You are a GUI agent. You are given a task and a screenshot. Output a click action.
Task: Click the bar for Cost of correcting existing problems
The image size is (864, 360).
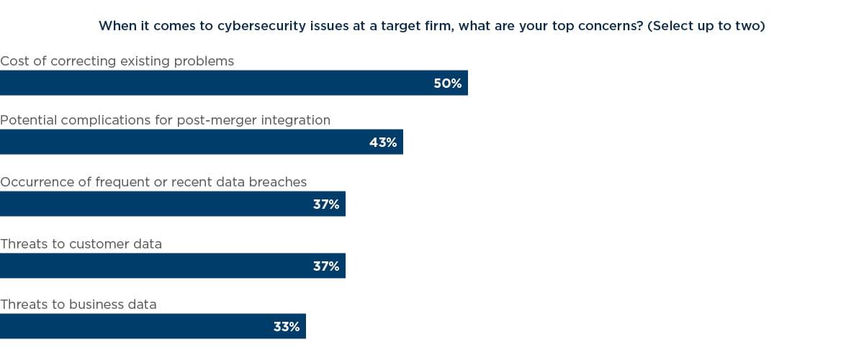216,83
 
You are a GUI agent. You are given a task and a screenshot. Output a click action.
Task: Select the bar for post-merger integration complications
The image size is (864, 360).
187,142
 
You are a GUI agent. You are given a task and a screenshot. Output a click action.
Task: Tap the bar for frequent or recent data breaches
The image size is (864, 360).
158,204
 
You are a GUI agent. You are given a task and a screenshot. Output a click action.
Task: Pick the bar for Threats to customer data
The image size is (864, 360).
158,266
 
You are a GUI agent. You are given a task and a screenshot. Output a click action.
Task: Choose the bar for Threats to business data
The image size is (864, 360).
137,326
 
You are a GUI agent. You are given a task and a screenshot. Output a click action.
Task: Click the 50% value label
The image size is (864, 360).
447,83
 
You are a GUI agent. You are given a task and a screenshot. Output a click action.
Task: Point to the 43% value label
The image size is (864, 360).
383,142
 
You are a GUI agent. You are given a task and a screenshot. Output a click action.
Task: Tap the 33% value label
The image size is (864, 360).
287,326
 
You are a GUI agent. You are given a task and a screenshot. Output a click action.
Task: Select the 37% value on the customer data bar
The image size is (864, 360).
326,266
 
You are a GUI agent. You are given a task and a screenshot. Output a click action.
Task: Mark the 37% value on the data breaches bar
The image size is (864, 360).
326,204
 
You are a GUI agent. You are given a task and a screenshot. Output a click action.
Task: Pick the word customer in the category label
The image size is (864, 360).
101,244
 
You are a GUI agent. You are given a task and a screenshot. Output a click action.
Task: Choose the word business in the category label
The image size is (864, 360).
97,305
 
